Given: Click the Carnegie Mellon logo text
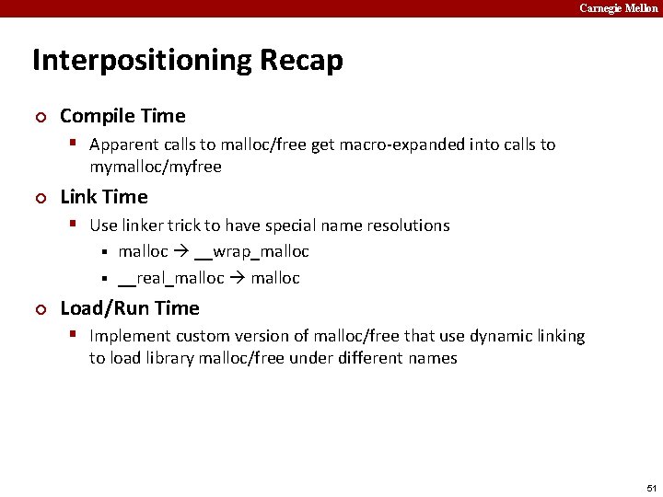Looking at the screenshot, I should pyautogui.click(x=618, y=8).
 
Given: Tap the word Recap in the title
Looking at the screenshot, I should pyautogui.click(x=301, y=61).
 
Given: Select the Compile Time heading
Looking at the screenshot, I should pyautogui.click(x=122, y=116).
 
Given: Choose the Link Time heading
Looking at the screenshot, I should pyautogui.click(x=103, y=197).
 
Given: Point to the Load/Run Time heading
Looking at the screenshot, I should pyautogui.click(x=129, y=307).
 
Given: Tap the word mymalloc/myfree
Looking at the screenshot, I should pyautogui.click(x=156, y=167).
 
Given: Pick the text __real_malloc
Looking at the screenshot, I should pyautogui.click(x=171, y=278).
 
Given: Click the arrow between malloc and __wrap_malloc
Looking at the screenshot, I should pyautogui.click(x=181, y=251).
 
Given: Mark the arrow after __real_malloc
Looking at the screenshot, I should pyautogui.click(x=238, y=278).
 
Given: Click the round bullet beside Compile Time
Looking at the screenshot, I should pyautogui.click(x=39, y=117).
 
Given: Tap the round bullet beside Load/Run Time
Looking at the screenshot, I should pyautogui.click(x=39, y=308).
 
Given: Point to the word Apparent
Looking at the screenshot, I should pyautogui.click(x=125, y=144).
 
